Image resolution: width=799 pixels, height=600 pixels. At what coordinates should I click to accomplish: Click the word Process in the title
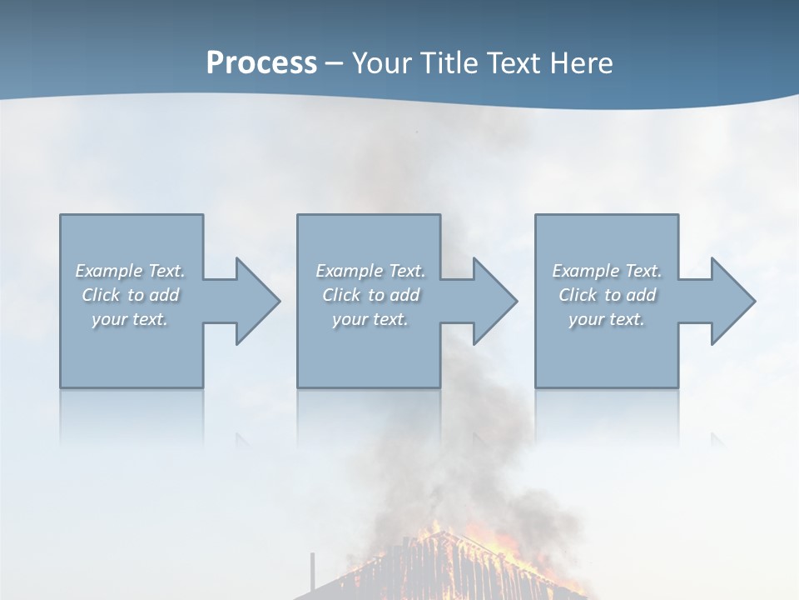point(261,62)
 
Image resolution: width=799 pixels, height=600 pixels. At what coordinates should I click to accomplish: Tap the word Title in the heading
point(446,62)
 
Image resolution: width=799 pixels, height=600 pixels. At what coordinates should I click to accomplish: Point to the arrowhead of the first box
point(257,301)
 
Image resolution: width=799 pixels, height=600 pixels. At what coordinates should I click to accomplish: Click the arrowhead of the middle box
point(494,301)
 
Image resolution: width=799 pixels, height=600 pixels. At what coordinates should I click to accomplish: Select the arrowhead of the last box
point(732,301)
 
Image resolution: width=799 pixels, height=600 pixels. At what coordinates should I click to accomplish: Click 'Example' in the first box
point(109,271)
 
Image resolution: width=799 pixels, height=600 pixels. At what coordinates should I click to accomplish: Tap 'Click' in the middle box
point(341,295)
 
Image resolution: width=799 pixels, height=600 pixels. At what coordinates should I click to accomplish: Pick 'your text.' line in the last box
point(606,319)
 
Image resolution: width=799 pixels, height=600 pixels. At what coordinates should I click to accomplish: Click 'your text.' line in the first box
point(130,319)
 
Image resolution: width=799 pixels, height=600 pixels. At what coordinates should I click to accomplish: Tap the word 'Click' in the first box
point(101,295)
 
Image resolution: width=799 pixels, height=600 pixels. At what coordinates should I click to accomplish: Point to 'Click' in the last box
point(578,295)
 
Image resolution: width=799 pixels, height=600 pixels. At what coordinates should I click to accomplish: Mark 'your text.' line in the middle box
point(370,319)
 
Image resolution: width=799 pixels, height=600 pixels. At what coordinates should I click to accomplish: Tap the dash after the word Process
point(335,63)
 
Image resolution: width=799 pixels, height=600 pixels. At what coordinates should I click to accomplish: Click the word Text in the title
point(513,62)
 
